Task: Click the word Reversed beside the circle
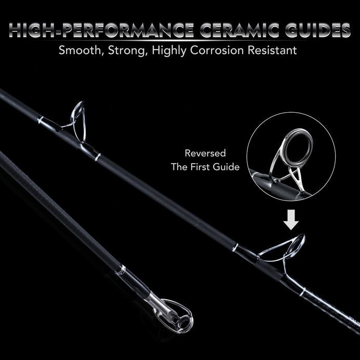pyautogui.click(x=205, y=154)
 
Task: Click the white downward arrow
pyautogui.click(x=292, y=222)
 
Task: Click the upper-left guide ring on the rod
pyautogui.click(x=78, y=114)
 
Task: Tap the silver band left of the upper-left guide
pyautogui.click(x=41, y=121)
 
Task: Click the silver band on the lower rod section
pyautogui.click(x=122, y=270)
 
